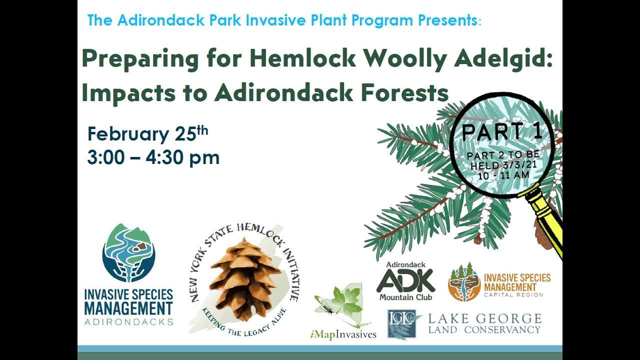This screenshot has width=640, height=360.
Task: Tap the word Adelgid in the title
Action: click(503, 58)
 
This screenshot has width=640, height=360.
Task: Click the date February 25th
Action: click(147, 134)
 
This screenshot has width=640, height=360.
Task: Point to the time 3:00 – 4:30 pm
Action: click(153, 157)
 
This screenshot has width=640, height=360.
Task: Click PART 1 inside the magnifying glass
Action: click(502, 132)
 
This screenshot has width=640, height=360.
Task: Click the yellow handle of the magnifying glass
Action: click(543, 220)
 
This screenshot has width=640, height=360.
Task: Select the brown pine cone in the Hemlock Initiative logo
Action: click(245, 279)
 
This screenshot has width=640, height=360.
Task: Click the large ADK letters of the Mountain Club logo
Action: click(405, 281)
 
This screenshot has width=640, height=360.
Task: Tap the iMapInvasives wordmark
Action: click(343, 334)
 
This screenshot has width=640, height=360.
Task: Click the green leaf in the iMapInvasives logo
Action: click(346, 300)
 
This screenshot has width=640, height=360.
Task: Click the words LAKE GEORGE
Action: click(484, 318)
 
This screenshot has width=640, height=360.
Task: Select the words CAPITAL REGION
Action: click(513, 294)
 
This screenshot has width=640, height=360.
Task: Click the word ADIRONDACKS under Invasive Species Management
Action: click(129, 321)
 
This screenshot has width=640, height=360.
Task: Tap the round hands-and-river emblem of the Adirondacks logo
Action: click(128, 253)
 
